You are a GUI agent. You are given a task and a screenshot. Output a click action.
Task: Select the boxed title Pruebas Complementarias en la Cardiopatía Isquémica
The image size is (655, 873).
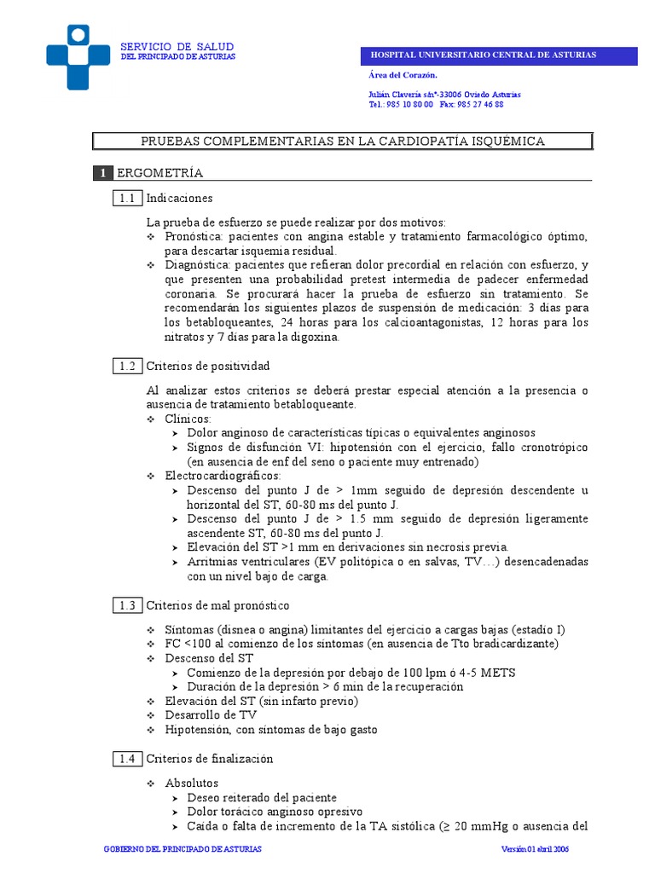[342, 141]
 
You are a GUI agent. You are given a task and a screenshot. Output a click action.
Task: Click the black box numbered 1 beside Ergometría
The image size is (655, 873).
[102, 173]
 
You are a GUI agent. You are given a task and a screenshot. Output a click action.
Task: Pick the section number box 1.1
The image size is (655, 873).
[127, 198]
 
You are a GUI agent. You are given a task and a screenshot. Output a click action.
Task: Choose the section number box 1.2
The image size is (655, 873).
[127, 366]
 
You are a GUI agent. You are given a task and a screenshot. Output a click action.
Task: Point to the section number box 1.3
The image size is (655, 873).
[127, 605]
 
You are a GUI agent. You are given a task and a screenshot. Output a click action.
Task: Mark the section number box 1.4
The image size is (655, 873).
[127, 758]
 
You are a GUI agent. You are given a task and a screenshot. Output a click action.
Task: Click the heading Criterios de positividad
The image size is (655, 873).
[208, 366]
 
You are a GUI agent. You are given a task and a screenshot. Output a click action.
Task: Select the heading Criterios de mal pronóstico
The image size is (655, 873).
[217, 605]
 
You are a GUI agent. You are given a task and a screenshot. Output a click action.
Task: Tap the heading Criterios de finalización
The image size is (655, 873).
[210, 758]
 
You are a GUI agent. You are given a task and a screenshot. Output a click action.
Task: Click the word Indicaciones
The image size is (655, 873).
[179, 198]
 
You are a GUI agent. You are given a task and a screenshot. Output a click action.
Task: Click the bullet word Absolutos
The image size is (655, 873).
[192, 783]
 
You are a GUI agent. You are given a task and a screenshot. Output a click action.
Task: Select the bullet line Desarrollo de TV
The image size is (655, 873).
[211, 715]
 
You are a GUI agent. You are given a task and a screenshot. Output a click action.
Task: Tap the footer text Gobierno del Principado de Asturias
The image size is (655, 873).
[182, 850]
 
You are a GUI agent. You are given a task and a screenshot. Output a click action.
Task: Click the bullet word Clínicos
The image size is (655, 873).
[188, 419]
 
